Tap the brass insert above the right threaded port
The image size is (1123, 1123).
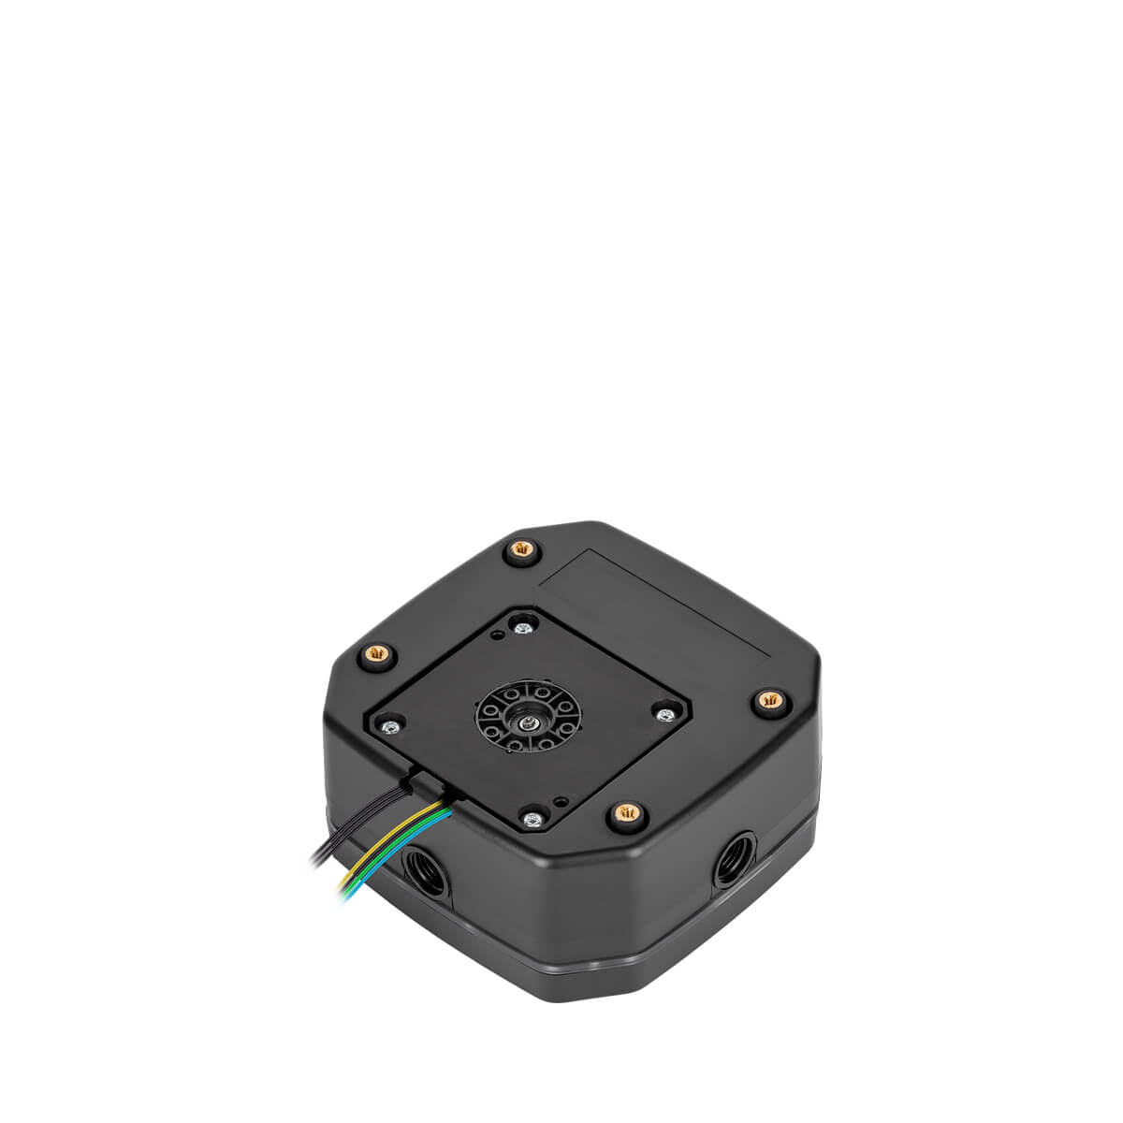click(x=767, y=698)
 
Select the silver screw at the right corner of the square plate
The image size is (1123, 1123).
click(x=665, y=716)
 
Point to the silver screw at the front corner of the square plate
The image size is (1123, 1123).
click(x=532, y=821)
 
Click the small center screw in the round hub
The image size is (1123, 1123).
click(x=530, y=720)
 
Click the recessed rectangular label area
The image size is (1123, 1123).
click(x=655, y=599)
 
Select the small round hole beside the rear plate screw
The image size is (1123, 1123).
click(x=503, y=635)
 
